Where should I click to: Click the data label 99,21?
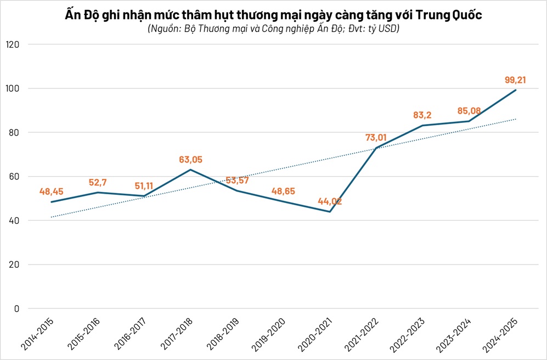click(x=515, y=80)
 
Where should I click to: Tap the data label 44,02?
click(x=329, y=201)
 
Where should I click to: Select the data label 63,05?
click(x=190, y=160)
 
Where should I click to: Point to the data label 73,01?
click(x=376, y=138)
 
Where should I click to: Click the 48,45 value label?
click(x=51, y=192)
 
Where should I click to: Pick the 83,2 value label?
click(x=423, y=116)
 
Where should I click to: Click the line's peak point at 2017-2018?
click(x=190, y=170)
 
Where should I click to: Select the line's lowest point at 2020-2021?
click(x=330, y=211)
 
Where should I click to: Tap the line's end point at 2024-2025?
click(x=515, y=90)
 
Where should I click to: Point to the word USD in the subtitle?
click(x=387, y=29)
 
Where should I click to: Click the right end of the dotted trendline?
click(x=515, y=119)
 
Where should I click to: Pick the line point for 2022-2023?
click(x=422, y=125)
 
